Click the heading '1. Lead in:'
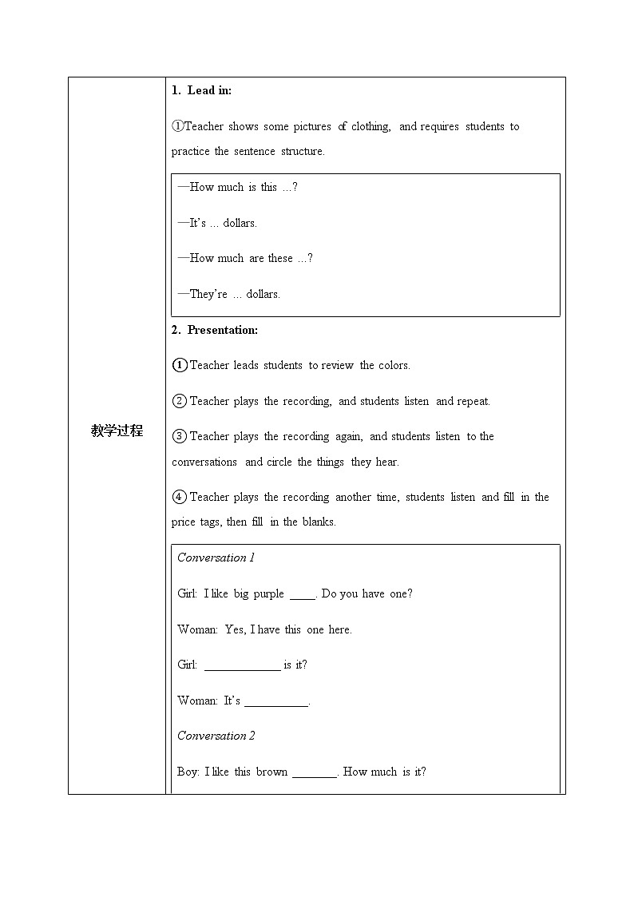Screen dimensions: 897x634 point(201,91)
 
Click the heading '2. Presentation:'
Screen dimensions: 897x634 point(215,330)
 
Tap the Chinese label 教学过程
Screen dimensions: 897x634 point(117,431)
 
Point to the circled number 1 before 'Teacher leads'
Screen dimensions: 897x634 point(180,365)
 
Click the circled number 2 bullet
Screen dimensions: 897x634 point(180,401)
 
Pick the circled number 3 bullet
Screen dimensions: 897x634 point(180,436)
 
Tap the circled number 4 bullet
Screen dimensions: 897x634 point(180,497)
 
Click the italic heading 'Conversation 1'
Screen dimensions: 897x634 point(216,558)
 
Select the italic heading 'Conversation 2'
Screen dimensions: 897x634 point(216,736)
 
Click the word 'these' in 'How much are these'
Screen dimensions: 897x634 point(280,258)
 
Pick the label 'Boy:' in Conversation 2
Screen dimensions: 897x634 point(189,772)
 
